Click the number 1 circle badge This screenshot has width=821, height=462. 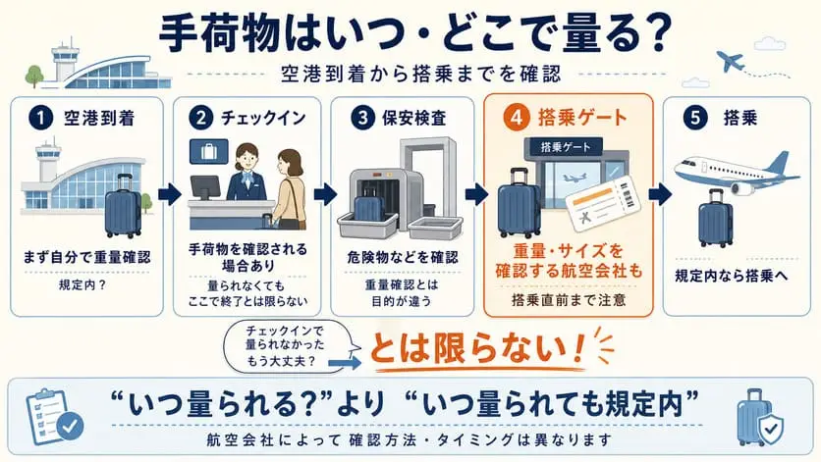(41, 118)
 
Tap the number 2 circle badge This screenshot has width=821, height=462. (201, 118)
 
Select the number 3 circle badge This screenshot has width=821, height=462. (362, 118)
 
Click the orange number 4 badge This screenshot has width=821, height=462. (517, 117)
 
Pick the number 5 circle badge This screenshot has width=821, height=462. (695, 117)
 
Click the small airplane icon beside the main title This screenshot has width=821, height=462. (731, 61)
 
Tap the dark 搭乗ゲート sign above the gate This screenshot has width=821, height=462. (565, 147)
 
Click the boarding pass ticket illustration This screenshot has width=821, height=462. (603, 204)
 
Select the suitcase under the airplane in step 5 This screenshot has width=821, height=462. (715, 219)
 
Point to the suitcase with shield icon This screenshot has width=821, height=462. (760, 418)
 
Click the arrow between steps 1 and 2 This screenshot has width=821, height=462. (169, 194)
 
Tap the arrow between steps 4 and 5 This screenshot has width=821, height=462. (660, 194)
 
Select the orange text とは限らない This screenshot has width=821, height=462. (476, 349)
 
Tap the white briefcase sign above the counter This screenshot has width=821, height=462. (209, 152)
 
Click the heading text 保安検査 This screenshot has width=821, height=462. (413, 119)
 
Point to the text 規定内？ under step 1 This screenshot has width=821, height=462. (82, 285)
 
